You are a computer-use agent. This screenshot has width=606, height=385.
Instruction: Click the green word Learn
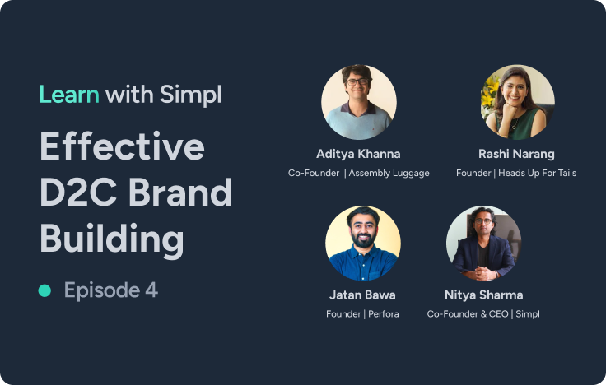point(69,95)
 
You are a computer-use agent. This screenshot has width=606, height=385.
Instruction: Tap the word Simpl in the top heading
point(190,95)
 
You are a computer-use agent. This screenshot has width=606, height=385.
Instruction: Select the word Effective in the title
point(122,146)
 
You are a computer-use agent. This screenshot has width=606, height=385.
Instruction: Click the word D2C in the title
point(77,192)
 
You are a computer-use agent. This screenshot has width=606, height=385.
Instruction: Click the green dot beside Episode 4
point(44,290)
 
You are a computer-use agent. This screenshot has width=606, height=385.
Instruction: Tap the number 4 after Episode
point(151,290)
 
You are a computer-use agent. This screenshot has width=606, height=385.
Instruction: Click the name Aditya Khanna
point(358,154)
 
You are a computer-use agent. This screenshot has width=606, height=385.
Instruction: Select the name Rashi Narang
point(516,154)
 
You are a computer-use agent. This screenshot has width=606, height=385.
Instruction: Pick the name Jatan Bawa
point(362,295)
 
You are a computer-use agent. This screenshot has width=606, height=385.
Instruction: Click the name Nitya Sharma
point(483,295)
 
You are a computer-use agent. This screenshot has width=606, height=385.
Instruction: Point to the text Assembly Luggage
point(389,173)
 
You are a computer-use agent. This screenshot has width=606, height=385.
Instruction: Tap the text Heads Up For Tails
point(537,173)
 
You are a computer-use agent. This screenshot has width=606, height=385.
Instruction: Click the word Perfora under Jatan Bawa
point(384,314)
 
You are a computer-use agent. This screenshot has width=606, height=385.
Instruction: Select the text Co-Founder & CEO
point(468,314)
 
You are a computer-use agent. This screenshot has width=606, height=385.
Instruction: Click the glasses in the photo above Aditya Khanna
point(357,81)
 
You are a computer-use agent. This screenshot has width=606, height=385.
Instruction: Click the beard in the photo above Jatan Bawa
point(363,240)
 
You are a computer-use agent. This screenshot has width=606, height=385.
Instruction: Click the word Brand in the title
point(179,192)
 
